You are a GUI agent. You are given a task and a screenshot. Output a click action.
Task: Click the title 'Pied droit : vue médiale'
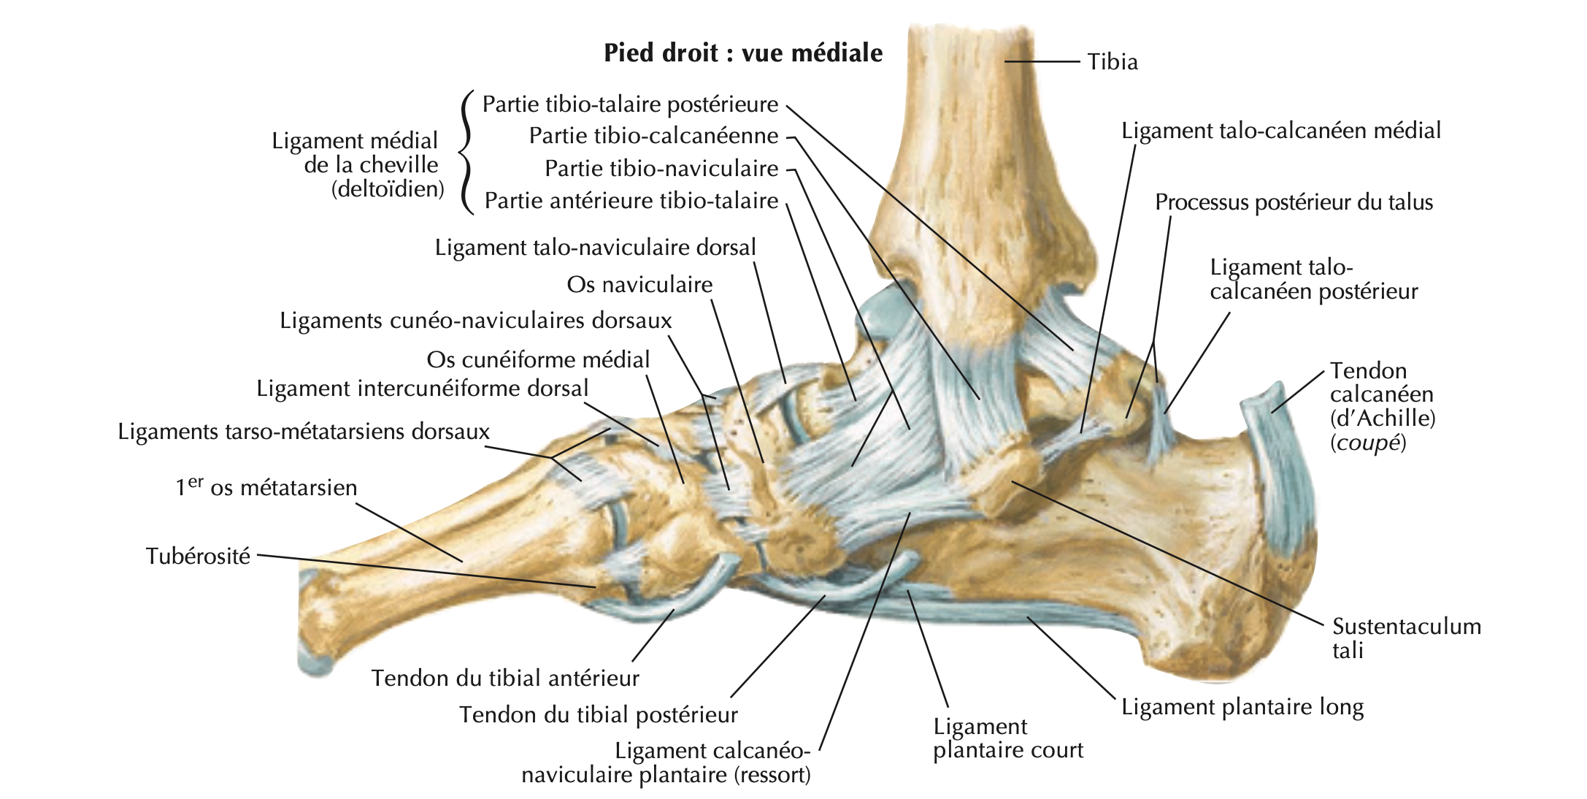click(743, 53)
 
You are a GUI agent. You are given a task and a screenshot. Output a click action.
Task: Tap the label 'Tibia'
click(1113, 62)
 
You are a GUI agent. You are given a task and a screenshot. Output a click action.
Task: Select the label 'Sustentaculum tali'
click(1406, 638)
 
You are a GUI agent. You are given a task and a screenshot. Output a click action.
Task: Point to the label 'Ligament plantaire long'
click(1242, 707)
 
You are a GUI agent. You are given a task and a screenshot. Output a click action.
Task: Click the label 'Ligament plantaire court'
click(1007, 738)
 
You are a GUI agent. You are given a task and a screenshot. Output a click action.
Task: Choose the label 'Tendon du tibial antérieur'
click(505, 678)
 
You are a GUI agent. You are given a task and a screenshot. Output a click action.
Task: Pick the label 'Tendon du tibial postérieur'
click(599, 715)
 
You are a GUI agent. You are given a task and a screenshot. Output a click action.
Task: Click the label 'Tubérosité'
click(198, 557)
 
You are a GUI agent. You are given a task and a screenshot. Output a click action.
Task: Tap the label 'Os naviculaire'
click(639, 285)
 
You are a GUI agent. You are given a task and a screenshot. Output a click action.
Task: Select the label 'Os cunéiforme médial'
click(538, 360)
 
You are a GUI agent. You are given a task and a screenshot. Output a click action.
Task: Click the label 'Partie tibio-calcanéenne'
click(653, 136)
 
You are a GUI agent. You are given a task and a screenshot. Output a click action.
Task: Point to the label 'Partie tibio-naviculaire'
click(661, 169)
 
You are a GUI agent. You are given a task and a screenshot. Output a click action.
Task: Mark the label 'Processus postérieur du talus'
click(1294, 202)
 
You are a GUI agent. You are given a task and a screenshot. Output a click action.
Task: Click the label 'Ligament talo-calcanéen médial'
click(1281, 131)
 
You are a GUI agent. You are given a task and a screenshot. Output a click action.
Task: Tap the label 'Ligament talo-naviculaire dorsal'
click(595, 248)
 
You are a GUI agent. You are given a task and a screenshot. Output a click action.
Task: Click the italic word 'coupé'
click(1367, 443)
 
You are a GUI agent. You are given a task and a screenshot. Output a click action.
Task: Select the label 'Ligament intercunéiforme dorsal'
click(422, 389)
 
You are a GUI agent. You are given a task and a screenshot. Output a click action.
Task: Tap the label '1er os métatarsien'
click(266, 488)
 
